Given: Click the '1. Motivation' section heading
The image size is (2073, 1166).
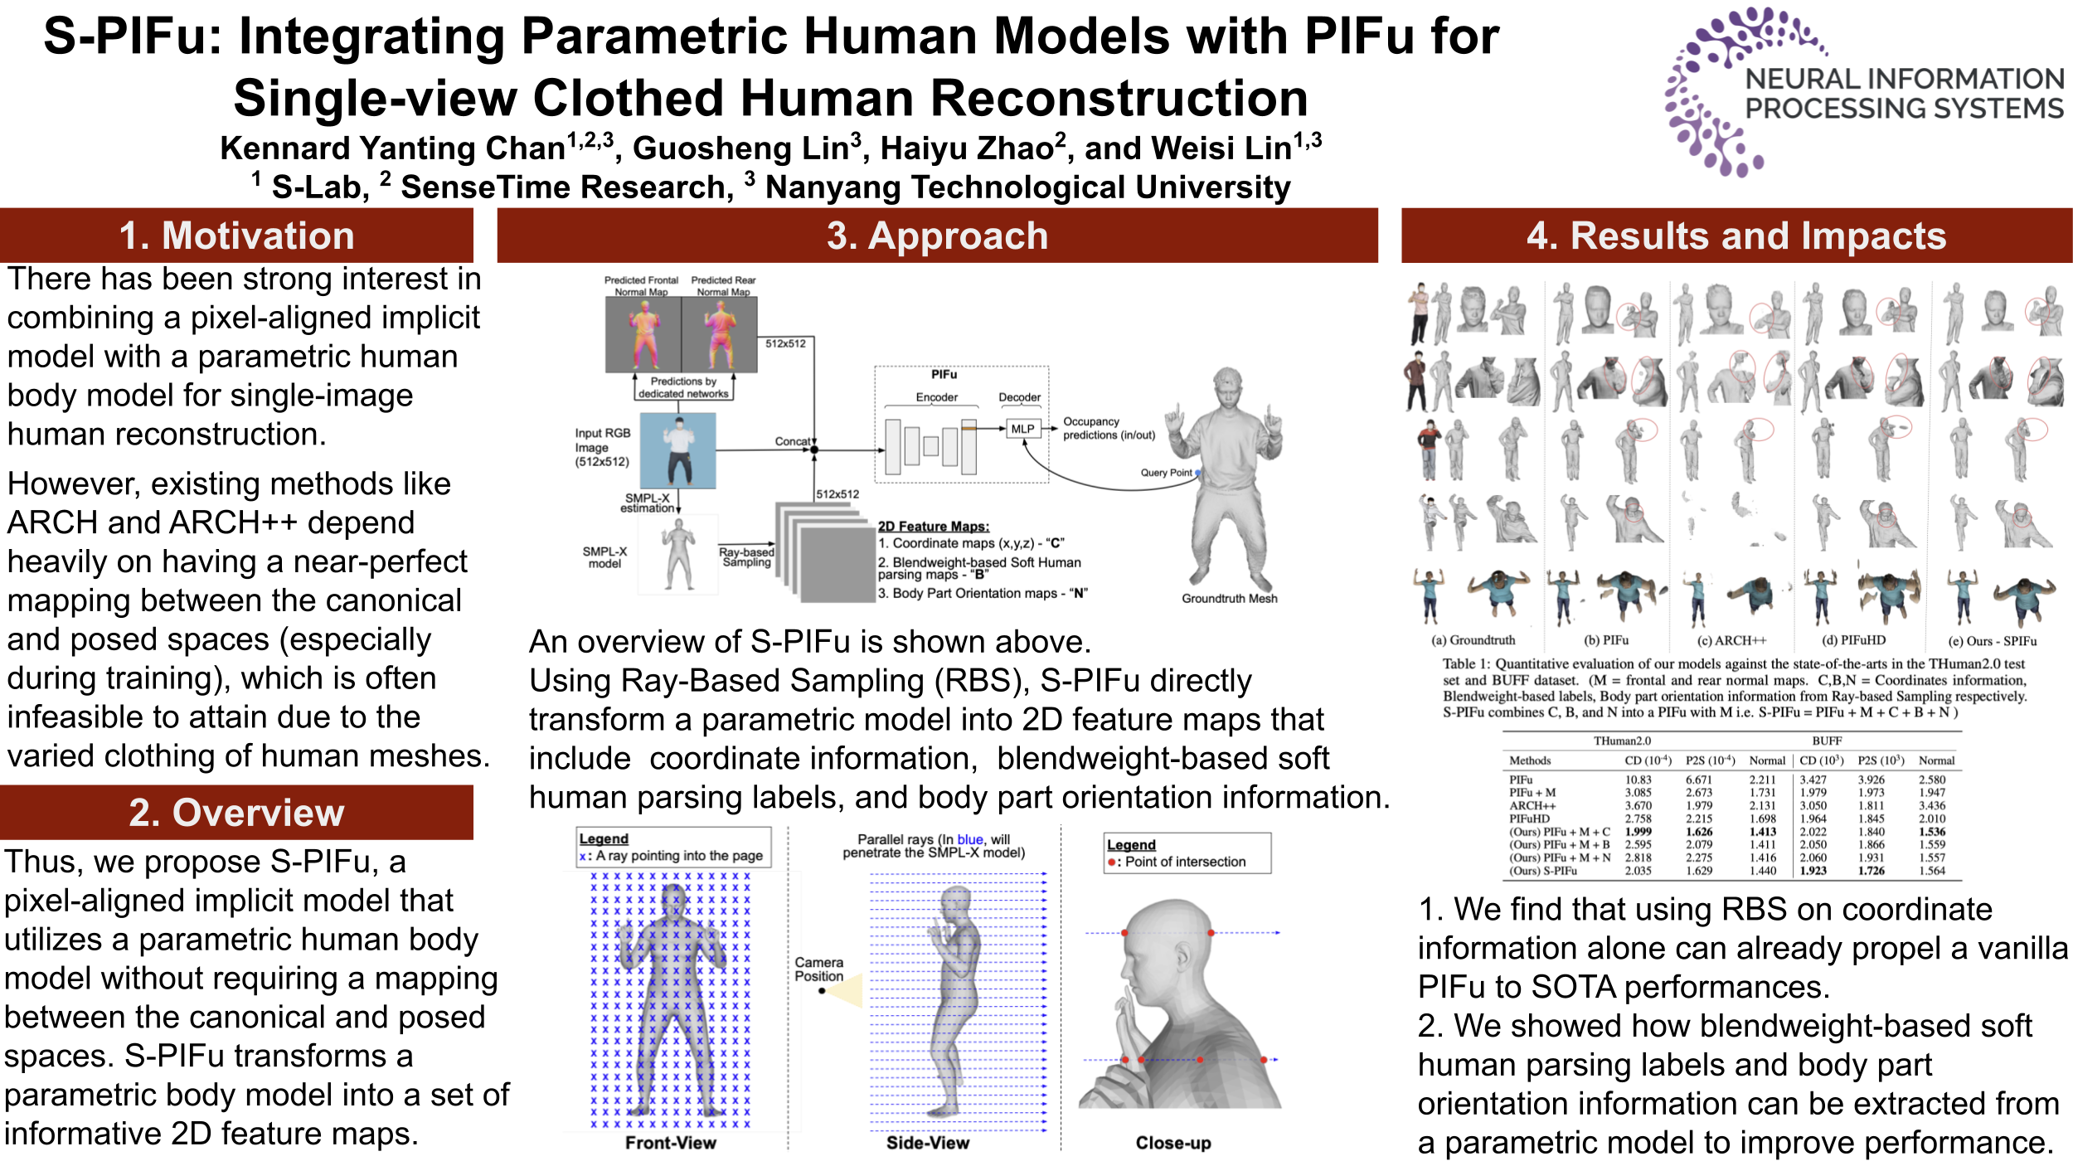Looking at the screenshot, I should [236, 236].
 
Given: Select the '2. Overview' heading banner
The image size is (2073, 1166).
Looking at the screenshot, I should [236, 813].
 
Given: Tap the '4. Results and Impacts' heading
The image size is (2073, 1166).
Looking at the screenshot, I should [1736, 236].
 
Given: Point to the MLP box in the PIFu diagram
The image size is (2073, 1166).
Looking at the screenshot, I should [1022, 429].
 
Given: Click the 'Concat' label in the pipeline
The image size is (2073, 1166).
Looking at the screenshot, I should [792, 441].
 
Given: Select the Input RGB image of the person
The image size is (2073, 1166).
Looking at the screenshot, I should [677, 450].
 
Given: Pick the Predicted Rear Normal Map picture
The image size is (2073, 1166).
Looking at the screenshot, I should [719, 334].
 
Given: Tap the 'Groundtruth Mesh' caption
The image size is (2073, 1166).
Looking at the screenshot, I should [1229, 599].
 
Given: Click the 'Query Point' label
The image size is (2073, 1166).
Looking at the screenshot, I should [1165, 473].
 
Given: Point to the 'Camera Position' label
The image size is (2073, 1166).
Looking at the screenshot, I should [818, 969].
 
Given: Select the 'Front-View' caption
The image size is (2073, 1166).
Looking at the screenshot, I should [670, 1143].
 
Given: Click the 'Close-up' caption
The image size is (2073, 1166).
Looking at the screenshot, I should [1172, 1143].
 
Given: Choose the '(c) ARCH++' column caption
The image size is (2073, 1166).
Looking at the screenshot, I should [1731, 640].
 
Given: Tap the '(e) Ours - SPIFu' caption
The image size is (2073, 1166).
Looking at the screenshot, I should [1992, 641].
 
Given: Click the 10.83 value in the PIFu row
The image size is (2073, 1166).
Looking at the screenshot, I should [1638, 780].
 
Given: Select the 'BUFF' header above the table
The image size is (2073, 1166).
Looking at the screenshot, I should [1827, 741].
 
